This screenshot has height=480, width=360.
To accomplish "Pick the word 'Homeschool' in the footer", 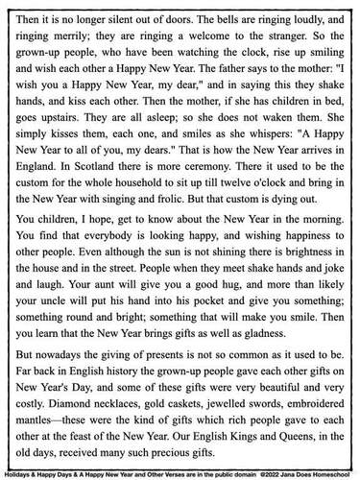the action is pos(329,472).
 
